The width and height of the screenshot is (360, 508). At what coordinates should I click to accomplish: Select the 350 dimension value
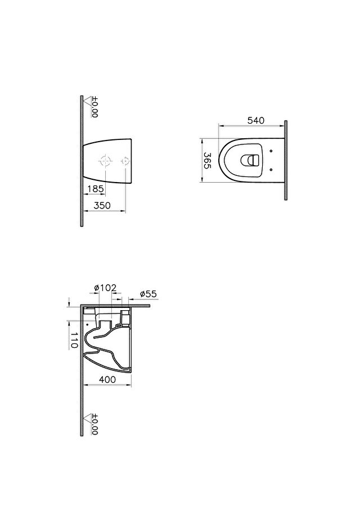[x=101, y=206]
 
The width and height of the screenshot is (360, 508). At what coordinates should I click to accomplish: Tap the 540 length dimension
[x=255, y=120]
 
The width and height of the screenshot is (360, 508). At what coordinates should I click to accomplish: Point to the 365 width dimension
[x=207, y=160]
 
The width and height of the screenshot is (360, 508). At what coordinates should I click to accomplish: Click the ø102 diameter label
[x=105, y=288]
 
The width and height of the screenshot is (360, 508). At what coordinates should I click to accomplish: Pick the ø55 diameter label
[x=147, y=294]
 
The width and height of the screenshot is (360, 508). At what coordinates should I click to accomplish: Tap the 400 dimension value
[x=107, y=380]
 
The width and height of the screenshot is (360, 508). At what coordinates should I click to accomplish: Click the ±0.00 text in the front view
[x=94, y=106]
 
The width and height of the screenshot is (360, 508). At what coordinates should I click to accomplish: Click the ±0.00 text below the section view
[x=94, y=425]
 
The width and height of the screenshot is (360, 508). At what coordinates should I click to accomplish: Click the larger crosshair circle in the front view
[x=105, y=161]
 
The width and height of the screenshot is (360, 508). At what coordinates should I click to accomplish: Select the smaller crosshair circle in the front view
[x=125, y=161]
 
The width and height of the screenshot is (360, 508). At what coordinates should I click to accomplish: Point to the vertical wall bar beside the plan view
[x=286, y=160]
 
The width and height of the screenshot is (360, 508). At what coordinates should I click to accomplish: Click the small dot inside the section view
[x=88, y=325]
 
